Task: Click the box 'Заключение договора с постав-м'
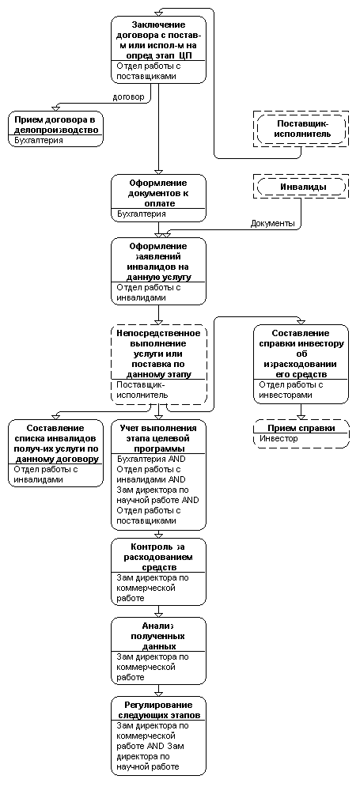click(x=159, y=49)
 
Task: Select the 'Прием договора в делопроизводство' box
click(x=55, y=130)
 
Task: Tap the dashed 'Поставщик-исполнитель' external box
click(x=301, y=130)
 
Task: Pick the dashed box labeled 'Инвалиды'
click(x=301, y=187)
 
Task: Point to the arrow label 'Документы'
click(x=273, y=223)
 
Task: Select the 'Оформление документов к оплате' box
click(x=159, y=198)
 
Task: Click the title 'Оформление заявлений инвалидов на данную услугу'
click(x=159, y=261)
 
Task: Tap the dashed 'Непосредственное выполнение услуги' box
click(x=159, y=365)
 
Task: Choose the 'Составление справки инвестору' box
click(x=301, y=364)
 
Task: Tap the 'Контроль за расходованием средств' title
click(x=159, y=557)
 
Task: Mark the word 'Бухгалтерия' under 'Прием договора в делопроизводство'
click(x=39, y=141)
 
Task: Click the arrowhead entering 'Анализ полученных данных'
click(x=159, y=615)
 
